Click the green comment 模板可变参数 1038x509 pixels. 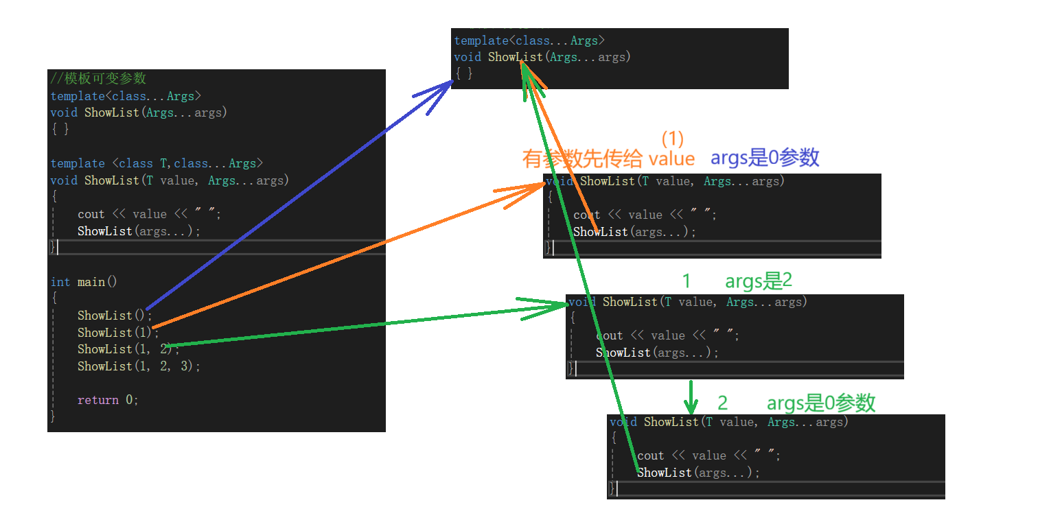coord(98,78)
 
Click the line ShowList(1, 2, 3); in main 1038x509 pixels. coord(139,366)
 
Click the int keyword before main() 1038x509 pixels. coord(60,282)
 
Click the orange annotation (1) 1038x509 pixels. coord(673,139)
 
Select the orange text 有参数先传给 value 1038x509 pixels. coord(608,159)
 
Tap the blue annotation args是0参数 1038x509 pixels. coord(765,158)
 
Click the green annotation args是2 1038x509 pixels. coord(759,281)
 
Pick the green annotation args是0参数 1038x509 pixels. coord(821,403)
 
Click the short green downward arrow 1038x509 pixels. coord(691,396)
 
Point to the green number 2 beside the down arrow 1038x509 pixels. coord(722,403)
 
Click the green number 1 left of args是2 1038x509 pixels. coord(686,281)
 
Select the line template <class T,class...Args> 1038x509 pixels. coord(157,163)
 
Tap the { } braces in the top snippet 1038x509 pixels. coord(463,74)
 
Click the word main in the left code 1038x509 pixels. coord(92,282)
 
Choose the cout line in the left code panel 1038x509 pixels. coord(149,215)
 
